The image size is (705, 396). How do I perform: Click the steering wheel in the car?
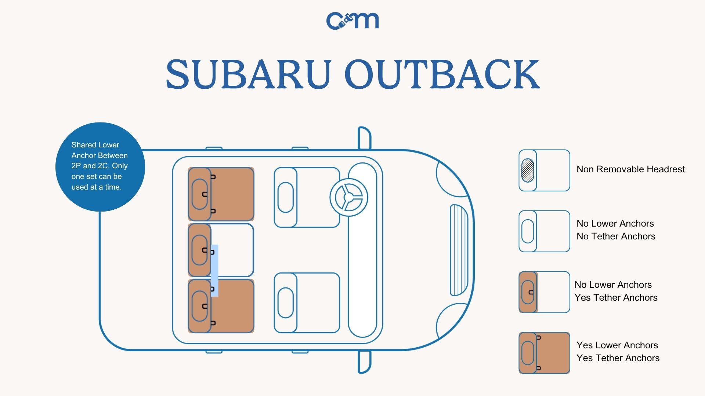point(348,197)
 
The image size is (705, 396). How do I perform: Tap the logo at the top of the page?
point(352,21)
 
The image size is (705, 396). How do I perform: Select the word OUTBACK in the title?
point(442,74)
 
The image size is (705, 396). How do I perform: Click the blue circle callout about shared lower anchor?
point(100,166)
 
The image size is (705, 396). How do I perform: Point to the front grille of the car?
point(459,250)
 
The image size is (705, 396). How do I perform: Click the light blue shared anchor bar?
point(214,271)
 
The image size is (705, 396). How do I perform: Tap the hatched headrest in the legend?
point(528,170)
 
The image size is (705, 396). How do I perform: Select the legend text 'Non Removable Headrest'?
point(630,169)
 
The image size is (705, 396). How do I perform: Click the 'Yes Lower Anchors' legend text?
point(617,345)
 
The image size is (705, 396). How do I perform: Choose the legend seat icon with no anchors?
point(544,231)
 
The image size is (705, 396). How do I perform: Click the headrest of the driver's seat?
point(285,197)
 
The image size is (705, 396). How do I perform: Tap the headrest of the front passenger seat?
point(285,302)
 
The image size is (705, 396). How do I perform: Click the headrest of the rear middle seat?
point(199,250)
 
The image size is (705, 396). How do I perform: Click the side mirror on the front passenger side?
point(364,362)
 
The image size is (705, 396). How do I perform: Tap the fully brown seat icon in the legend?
point(544,353)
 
